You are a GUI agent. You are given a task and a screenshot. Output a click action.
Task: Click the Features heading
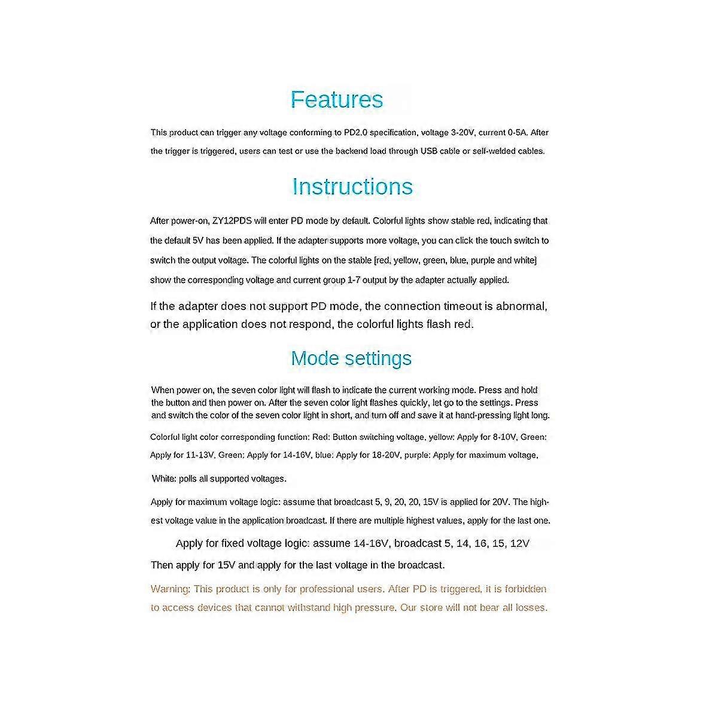tap(337, 99)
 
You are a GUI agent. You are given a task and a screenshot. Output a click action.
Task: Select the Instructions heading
tap(352, 187)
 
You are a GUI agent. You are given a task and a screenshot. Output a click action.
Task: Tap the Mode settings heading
tap(351, 358)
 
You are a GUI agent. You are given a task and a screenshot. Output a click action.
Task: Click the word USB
tap(429, 151)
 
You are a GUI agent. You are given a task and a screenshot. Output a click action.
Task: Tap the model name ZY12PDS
tap(232, 221)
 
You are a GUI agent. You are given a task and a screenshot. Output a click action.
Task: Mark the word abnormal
tap(521, 306)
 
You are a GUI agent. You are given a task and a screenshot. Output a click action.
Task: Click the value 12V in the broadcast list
tap(520, 544)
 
